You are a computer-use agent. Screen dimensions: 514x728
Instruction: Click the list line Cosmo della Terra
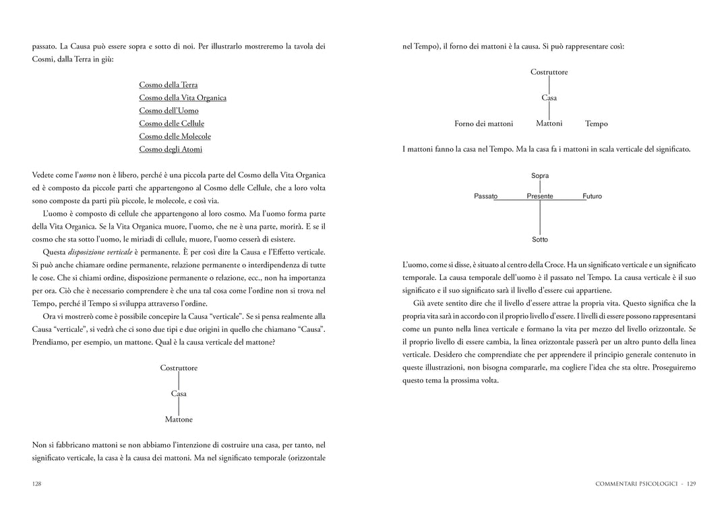tap(168, 85)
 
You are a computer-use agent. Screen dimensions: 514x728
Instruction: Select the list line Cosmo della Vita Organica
tap(183, 98)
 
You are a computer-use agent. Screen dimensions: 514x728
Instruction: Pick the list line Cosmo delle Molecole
tap(175, 136)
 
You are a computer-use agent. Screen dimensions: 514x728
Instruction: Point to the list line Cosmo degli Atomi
tap(171, 149)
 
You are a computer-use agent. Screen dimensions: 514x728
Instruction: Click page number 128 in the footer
tap(37, 484)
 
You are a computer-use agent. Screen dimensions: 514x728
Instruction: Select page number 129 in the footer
tap(691, 484)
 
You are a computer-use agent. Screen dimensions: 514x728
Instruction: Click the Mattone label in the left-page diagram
tap(179, 420)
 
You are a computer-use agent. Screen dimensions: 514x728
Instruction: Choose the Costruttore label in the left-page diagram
tap(179, 368)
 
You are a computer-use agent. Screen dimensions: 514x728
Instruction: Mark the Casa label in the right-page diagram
tap(549, 98)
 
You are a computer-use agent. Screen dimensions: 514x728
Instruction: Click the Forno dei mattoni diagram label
tap(483, 124)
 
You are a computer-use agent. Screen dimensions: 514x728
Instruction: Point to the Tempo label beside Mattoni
tap(597, 124)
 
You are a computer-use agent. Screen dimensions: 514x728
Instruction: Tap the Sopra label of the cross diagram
tap(540, 176)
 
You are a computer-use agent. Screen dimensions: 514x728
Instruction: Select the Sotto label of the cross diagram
tap(540, 239)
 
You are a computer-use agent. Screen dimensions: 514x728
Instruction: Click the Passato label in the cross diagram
tap(485, 196)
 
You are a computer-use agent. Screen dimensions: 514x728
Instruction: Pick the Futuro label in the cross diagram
tap(592, 196)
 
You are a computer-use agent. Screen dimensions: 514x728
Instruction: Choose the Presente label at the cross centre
tap(540, 196)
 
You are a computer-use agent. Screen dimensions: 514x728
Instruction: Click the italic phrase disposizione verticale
tap(99, 252)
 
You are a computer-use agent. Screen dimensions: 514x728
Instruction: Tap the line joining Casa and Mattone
tap(179, 407)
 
